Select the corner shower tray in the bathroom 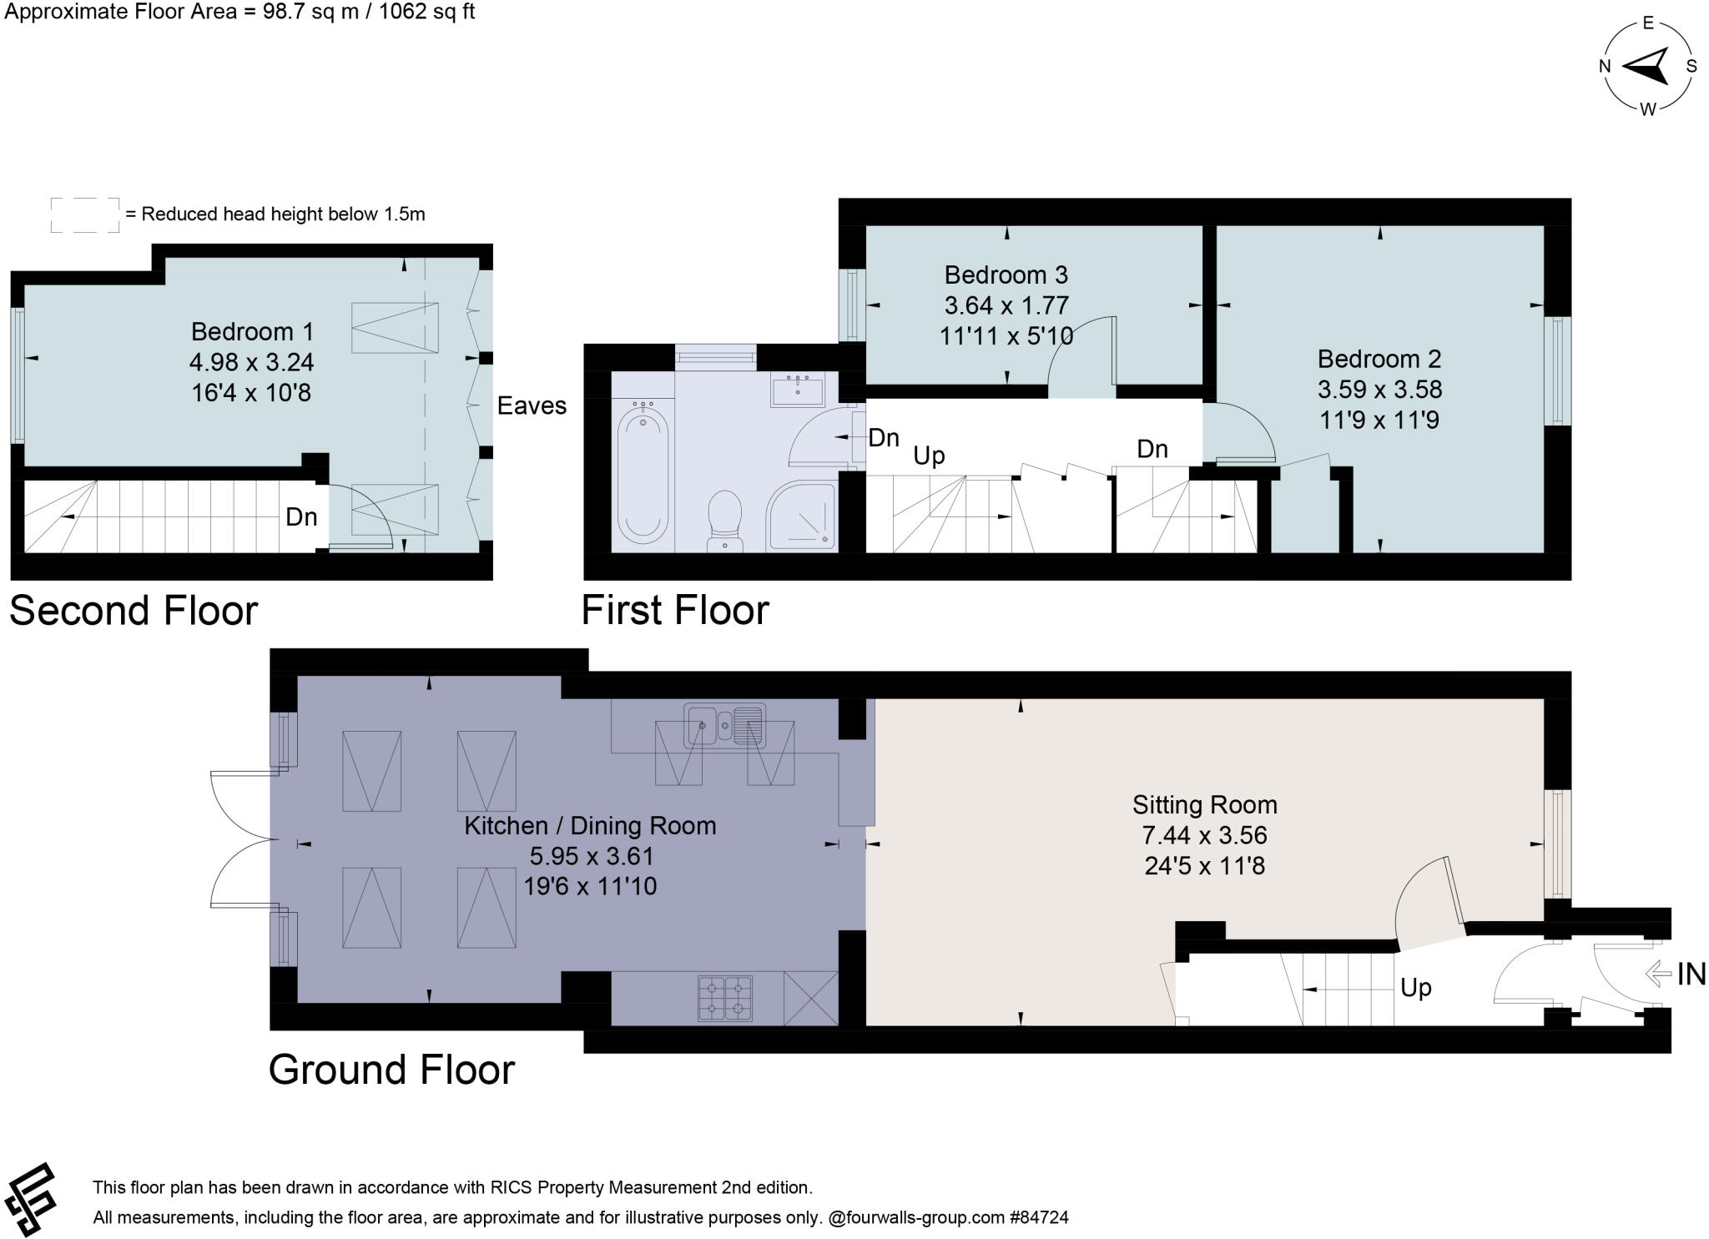click(x=801, y=517)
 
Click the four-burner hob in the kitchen click(x=724, y=998)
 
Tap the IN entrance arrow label click(x=1677, y=974)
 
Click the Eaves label click(x=532, y=405)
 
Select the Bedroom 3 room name click(x=1006, y=274)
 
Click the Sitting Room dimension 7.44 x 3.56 click(x=1204, y=835)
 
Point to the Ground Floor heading click(x=391, y=1070)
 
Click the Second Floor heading click(x=134, y=611)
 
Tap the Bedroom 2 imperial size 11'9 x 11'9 click(x=1379, y=420)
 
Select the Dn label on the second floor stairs click(x=301, y=517)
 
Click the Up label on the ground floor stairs click(x=1416, y=988)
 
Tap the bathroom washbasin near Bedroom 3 click(x=798, y=390)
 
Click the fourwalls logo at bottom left click(x=30, y=1200)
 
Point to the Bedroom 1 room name click(x=252, y=331)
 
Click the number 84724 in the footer click(x=1043, y=1217)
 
